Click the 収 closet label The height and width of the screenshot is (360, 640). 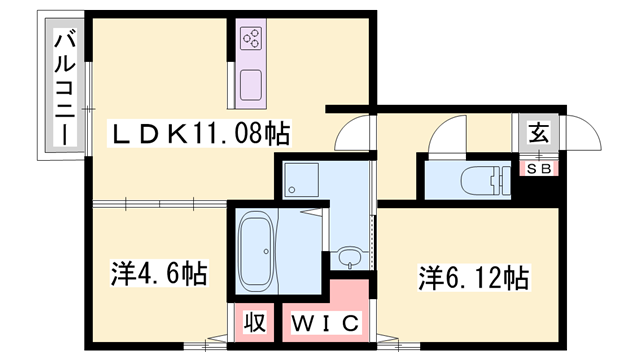255,323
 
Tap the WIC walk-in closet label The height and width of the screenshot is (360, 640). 321,323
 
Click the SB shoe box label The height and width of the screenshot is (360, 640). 539,168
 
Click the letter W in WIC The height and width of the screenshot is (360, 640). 301,323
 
